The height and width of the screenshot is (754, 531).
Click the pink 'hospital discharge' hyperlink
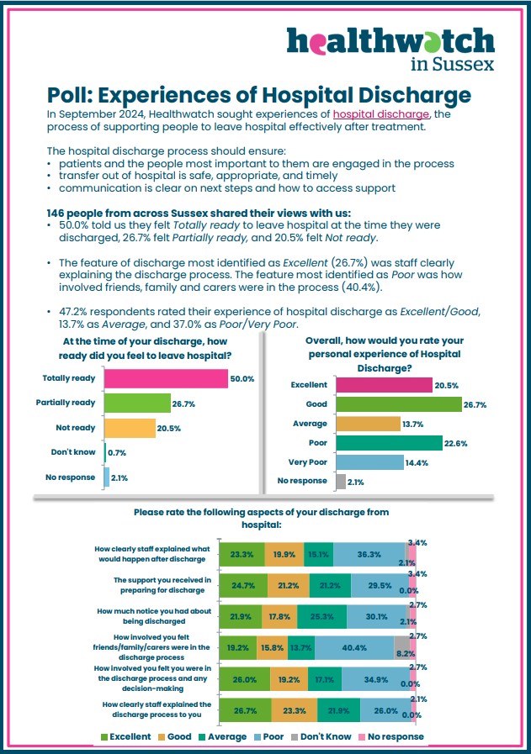point(381,114)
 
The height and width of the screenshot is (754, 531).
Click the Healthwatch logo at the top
point(390,49)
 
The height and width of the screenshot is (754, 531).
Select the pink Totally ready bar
point(166,378)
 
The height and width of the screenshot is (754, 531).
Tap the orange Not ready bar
point(130,428)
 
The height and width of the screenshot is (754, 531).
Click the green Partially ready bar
point(138,403)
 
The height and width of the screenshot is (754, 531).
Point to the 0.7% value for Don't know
point(117,453)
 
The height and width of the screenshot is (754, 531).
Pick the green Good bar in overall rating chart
point(399,404)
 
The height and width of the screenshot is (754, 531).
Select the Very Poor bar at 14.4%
point(369,462)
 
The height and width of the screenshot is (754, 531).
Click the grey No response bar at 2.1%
point(341,482)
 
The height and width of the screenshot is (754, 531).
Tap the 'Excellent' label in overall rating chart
point(309,385)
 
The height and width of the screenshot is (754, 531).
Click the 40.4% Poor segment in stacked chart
point(354,648)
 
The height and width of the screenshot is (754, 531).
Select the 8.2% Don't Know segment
point(402,648)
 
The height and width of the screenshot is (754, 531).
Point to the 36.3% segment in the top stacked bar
point(369,555)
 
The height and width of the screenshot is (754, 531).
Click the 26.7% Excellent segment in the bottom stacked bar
point(245,710)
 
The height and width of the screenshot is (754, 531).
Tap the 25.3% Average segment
point(322,616)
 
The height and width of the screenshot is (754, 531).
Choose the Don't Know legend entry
point(321,736)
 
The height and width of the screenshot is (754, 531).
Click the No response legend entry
point(391,736)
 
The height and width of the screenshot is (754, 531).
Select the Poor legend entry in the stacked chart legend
point(268,736)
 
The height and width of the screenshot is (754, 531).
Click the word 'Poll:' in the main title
point(70,95)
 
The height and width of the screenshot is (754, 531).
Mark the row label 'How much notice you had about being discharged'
point(154,616)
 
